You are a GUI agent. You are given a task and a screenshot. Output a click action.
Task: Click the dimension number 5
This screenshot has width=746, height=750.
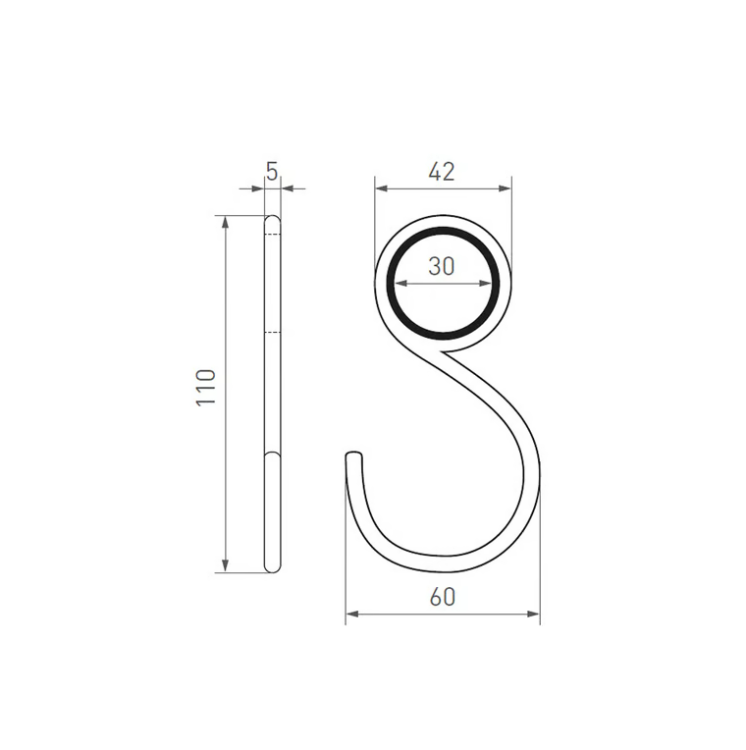pyautogui.click(x=272, y=172)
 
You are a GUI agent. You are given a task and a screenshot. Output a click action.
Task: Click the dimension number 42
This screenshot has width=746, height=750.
pyautogui.click(x=442, y=172)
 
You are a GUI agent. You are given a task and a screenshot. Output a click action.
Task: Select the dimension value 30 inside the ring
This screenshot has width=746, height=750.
pyautogui.click(x=442, y=266)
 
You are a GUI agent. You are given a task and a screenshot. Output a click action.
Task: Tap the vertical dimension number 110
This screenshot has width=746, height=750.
pyautogui.click(x=206, y=388)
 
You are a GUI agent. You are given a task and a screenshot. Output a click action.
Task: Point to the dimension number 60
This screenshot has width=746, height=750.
pyautogui.click(x=443, y=597)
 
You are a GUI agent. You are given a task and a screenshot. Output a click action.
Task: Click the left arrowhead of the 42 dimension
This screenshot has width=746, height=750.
pyautogui.click(x=381, y=188)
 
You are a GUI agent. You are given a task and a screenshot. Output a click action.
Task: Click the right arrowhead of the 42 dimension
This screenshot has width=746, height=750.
pyautogui.click(x=505, y=188)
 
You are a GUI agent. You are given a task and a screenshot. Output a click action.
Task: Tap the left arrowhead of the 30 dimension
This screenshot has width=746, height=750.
pyautogui.click(x=400, y=284)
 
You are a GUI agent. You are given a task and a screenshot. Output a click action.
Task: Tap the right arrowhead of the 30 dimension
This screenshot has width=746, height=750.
pyautogui.click(x=485, y=284)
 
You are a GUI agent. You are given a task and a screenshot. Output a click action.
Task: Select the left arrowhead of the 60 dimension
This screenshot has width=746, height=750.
pyautogui.click(x=352, y=614)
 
